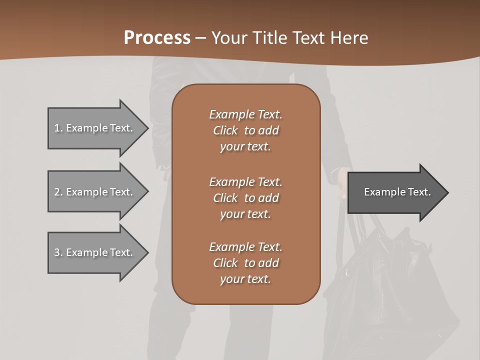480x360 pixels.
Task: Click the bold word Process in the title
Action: [157, 38]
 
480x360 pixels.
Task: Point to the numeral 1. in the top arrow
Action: [58, 128]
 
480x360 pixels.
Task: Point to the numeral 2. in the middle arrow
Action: [58, 192]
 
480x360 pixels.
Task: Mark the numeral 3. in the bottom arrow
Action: [58, 252]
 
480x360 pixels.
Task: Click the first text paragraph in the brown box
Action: [245, 130]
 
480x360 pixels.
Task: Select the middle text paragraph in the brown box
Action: [245, 197]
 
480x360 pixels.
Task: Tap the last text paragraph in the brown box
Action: [245, 263]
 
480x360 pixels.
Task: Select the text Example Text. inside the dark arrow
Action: [397, 192]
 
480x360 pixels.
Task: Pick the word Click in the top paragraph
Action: [225, 130]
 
